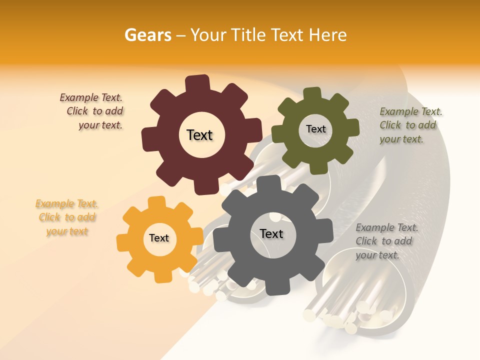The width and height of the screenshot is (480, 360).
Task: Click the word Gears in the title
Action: (147, 35)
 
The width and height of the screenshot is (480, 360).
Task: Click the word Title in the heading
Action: (249, 35)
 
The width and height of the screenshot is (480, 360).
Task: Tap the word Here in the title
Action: (327, 35)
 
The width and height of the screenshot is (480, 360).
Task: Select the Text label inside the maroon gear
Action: (199, 135)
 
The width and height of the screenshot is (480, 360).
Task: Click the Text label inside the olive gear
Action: (315, 129)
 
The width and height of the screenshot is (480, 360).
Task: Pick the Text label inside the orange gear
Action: (159, 238)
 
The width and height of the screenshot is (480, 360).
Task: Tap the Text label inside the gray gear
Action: (271, 233)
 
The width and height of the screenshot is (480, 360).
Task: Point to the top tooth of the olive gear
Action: (312, 94)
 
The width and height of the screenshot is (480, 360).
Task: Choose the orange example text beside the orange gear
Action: (67, 217)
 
